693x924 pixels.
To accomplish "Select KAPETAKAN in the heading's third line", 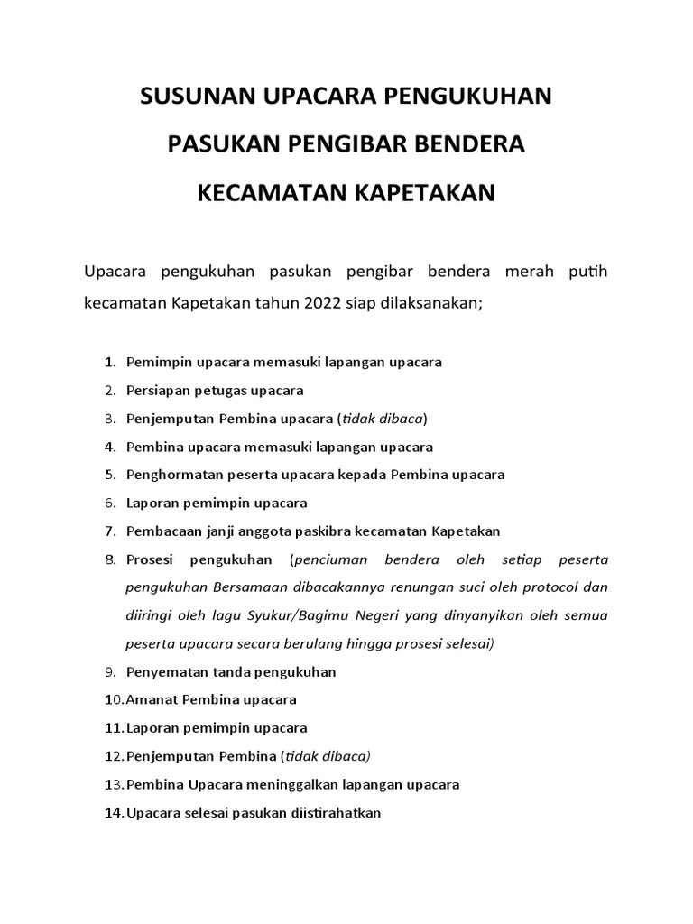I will click(417, 194).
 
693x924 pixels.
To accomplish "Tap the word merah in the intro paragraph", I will click(511, 271).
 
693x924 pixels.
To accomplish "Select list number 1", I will click(110, 363).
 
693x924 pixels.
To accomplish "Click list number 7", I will click(110, 531).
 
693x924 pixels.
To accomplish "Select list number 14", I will click(113, 812).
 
